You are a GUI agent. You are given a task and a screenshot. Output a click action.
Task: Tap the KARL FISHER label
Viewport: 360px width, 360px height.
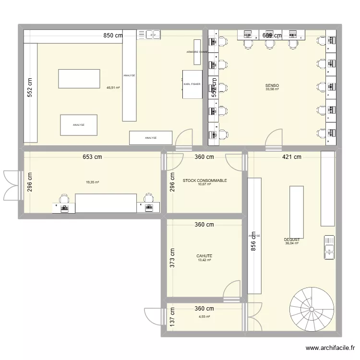[x=192, y=84]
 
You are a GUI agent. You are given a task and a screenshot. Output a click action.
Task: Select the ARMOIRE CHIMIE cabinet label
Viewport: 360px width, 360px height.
[x=197, y=51]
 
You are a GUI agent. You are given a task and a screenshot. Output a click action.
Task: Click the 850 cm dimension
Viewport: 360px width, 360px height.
[x=113, y=35]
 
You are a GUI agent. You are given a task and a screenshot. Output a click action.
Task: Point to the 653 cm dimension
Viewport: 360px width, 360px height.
[x=92, y=157]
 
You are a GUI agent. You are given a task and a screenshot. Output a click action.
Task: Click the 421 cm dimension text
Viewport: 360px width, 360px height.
[x=291, y=157]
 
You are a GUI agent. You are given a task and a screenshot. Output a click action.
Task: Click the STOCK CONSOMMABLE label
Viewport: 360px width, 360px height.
[x=204, y=180]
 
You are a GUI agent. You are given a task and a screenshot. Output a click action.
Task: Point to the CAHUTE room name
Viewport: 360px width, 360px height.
[x=204, y=256]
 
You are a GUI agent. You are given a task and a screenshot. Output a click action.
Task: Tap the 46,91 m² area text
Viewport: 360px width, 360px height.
[x=113, y=88]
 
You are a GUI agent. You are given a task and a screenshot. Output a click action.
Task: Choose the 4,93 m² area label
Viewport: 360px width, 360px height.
[x=204, y=316]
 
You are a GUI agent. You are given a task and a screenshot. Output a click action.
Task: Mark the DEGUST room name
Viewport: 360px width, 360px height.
[x=291, y=240]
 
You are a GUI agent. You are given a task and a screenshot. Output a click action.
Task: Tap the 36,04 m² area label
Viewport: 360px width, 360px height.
[x=291, y=243]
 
